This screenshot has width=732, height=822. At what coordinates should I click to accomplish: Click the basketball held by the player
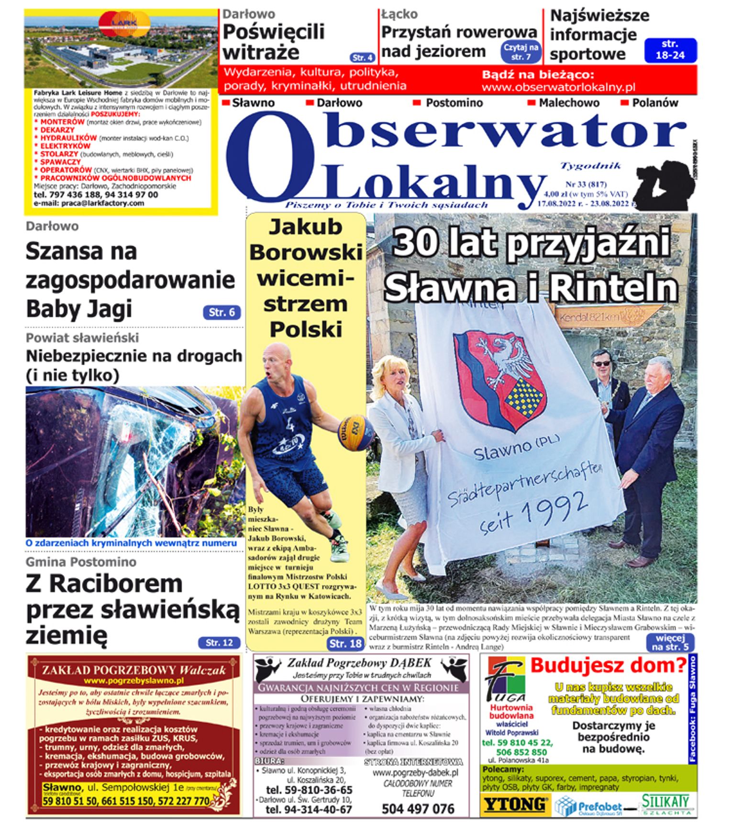tap(355, 432)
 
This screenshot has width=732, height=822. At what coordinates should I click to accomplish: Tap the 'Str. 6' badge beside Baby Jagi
tap(222, 313)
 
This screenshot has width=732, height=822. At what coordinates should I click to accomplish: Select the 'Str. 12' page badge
tap(219, 643)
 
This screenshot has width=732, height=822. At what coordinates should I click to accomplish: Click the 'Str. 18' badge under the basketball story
tap(345, 643)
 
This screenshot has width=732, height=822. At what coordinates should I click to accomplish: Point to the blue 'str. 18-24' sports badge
tap(670, 50)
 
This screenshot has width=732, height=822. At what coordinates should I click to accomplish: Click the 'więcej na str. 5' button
tap(670, 642)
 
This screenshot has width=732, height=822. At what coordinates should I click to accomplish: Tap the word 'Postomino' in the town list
tap(454, 103)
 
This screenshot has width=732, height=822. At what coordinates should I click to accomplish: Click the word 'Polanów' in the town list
tap(654, 103)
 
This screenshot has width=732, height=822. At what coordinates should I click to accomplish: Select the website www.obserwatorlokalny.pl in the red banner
tap(558, 87)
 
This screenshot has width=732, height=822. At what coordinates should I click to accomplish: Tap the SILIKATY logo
tap(666, 803)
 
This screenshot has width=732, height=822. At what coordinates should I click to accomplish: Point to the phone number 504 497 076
tap(418, 809)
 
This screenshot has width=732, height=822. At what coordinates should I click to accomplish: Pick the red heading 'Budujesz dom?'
tap(608, 665)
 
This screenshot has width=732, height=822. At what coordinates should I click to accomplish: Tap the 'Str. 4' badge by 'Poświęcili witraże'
tap(362, 57)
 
